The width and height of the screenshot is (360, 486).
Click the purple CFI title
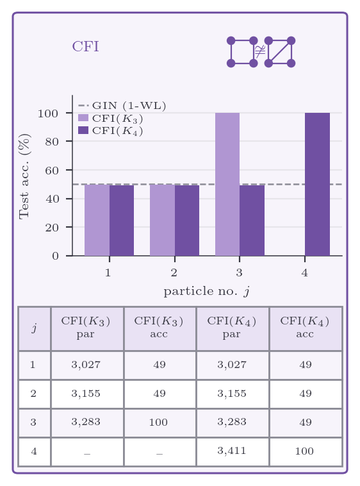(x=85, y=47)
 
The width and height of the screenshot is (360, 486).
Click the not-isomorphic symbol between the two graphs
(x=260, y=51)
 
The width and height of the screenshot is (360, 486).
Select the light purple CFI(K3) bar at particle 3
(x=227, y=185)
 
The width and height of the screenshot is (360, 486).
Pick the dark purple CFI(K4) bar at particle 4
(x=317, y=185)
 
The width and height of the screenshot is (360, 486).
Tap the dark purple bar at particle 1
(x=122, y=221)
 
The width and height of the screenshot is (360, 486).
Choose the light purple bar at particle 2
(x=162, y=221)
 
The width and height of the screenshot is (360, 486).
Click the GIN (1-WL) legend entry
(x=122, y=106)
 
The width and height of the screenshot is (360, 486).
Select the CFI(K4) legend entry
(x=111, y=131)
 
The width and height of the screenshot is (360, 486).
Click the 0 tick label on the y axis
(x=55, y=256)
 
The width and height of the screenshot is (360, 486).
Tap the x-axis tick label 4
(x=305, y=272)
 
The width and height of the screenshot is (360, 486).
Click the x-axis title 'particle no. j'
(x=207, y=291)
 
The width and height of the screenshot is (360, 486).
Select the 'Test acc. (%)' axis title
(x=24, y=177)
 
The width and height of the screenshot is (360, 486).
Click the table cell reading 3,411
(x=232, y=450)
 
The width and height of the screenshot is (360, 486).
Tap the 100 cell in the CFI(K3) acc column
(x=158, y=422)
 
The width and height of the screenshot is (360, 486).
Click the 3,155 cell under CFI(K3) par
(x=86, y=393)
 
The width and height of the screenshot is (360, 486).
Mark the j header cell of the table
(x=35, y=328)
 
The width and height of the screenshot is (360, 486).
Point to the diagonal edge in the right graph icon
(x=280, y=52)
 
